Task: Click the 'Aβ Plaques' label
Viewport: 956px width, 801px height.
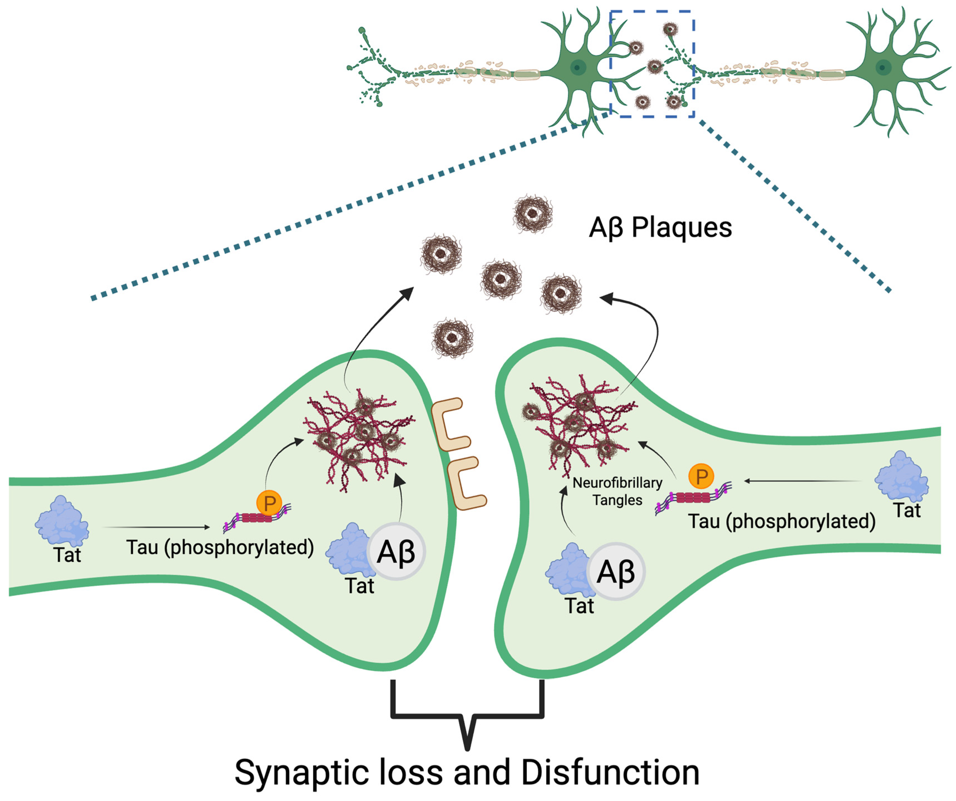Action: [x=660, y=228]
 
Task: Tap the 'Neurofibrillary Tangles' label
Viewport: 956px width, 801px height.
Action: [x=617, y=491]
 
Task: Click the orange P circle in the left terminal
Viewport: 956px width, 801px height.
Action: [x=269, y=503]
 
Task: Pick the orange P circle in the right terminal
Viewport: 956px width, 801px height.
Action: [x=701, y=476]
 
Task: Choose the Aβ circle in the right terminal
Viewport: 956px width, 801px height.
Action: [x=616, y=572]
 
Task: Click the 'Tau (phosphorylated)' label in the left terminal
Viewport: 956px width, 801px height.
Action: [x=220, y=548]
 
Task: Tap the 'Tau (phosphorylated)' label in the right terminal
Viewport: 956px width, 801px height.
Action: [x=782, y=521]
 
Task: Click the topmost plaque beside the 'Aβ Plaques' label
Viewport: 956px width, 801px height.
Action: [x=533, y=214]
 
